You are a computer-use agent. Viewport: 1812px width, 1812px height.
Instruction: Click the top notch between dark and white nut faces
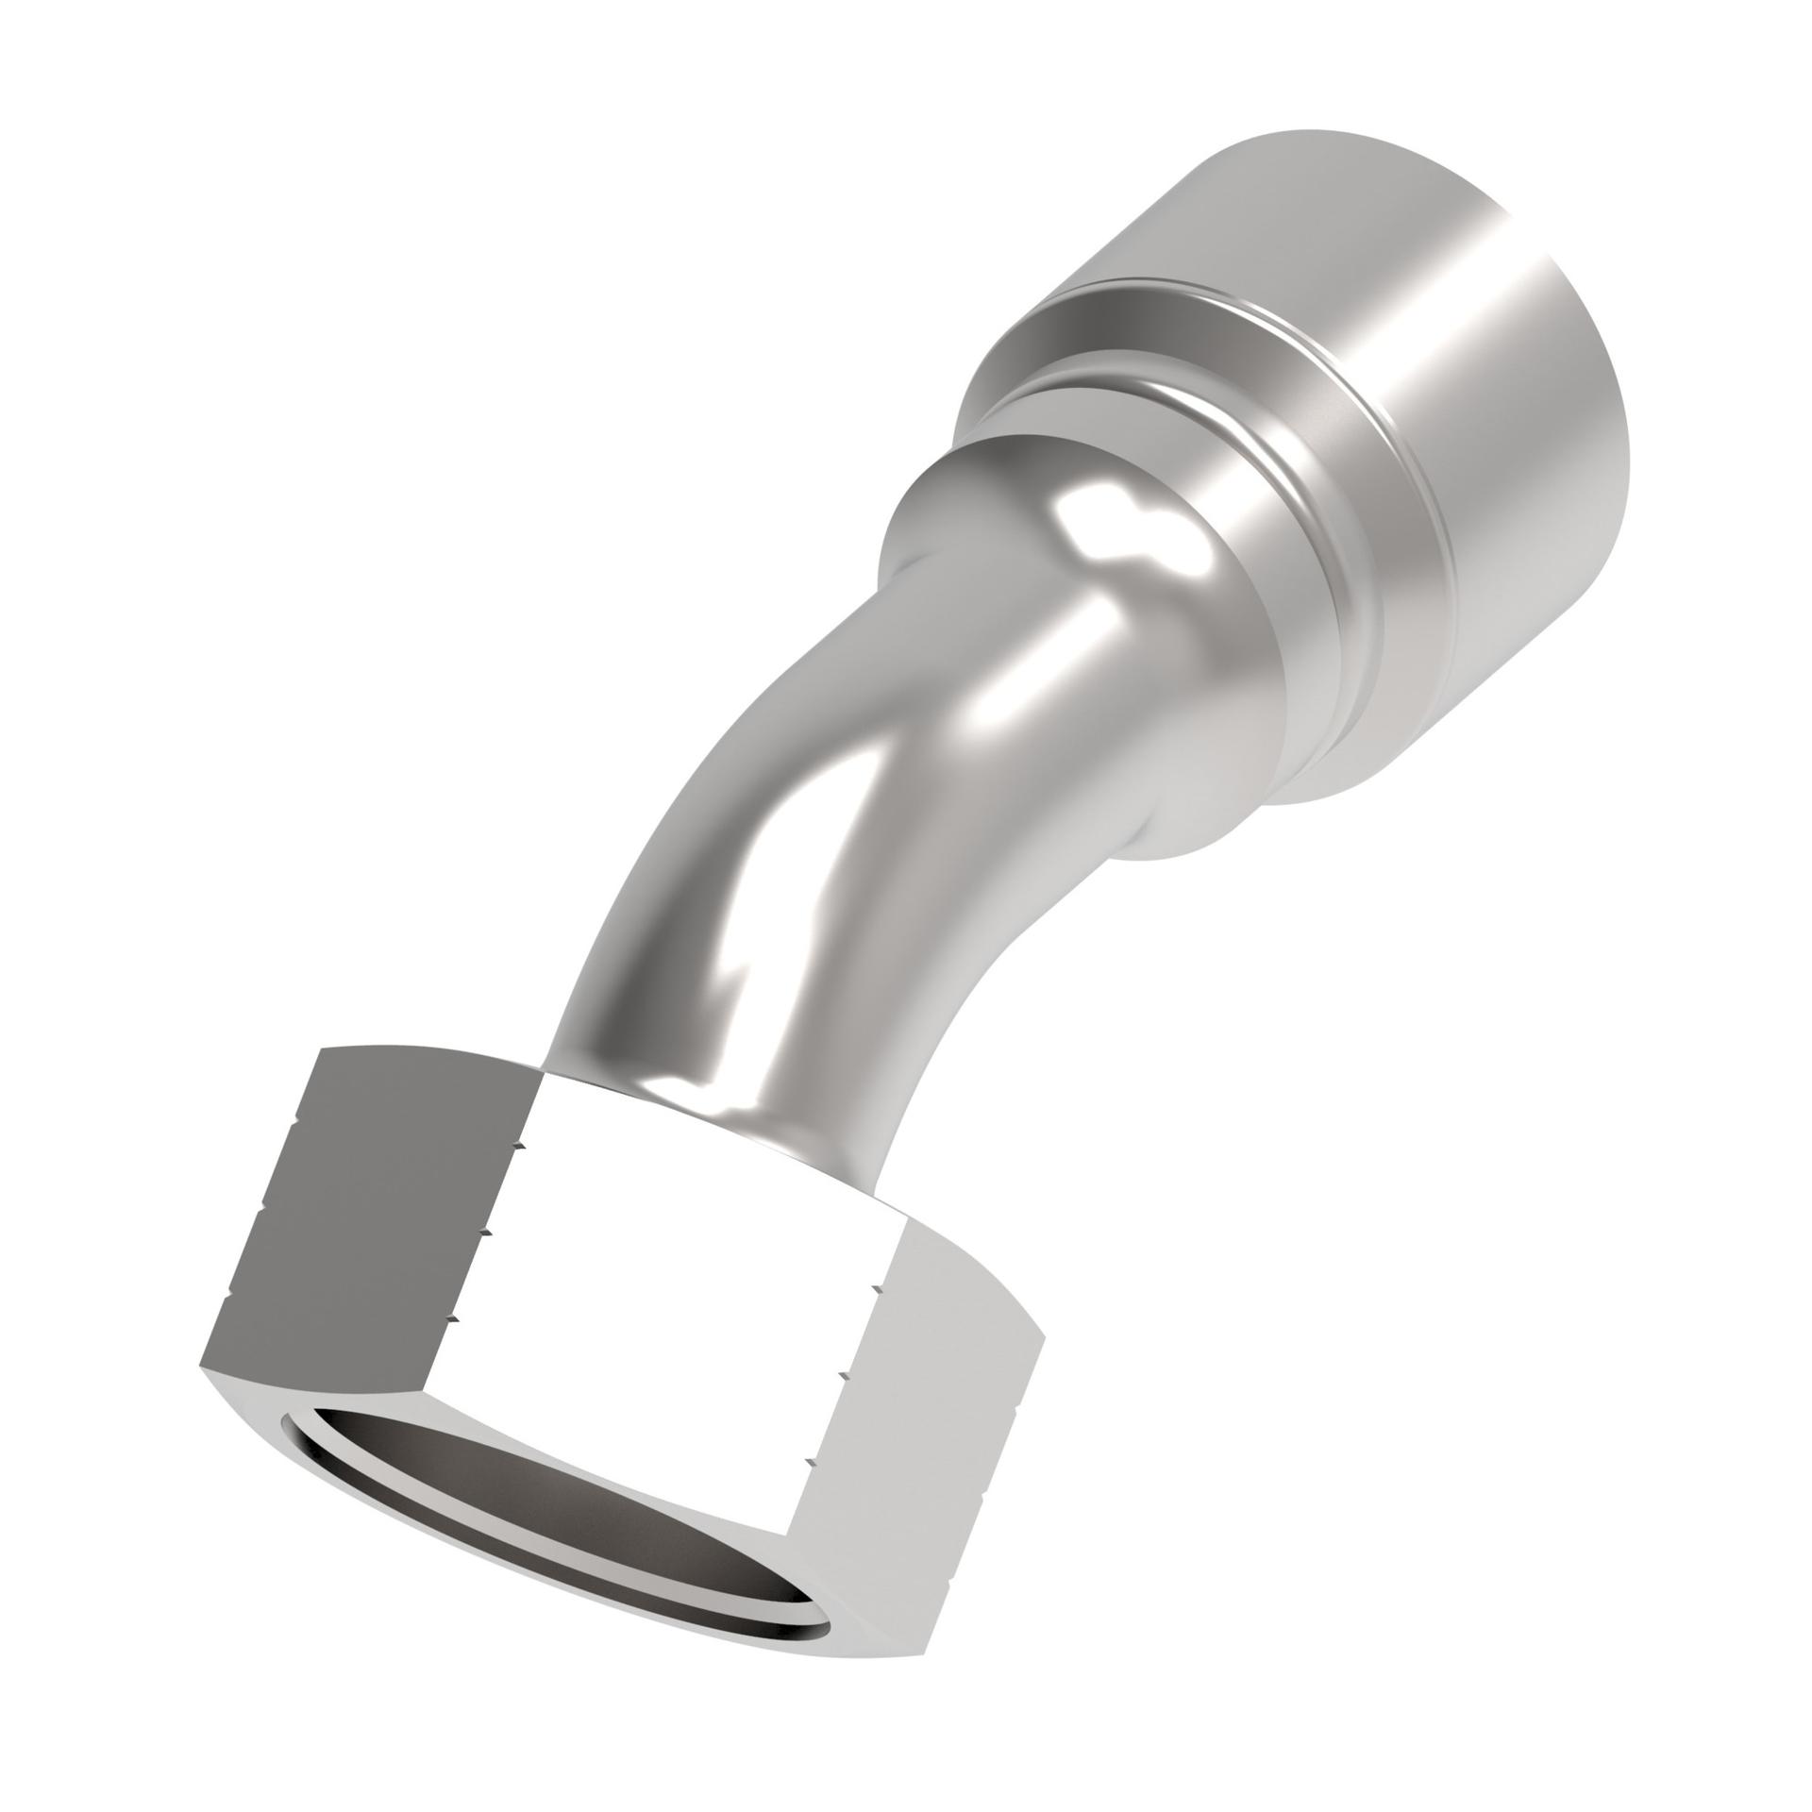pyautogui.click(x=518, y=1146)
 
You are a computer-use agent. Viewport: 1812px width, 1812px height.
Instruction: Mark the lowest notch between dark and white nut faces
pyautogui.click(x=450, y=1318)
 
